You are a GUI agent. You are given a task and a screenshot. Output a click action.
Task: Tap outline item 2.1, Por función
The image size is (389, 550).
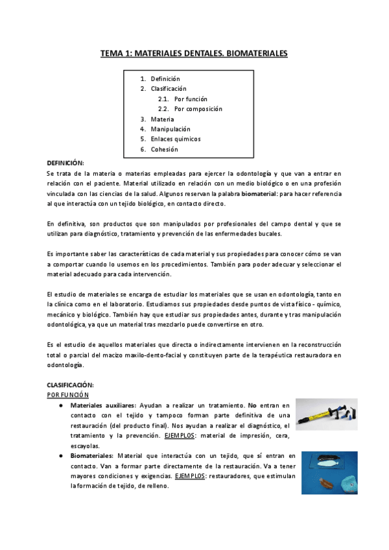(x=191, y=99)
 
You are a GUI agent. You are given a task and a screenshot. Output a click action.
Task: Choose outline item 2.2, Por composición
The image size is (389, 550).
(x=198, y=109)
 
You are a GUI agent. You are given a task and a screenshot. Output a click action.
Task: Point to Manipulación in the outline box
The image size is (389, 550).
(x=171, y=129)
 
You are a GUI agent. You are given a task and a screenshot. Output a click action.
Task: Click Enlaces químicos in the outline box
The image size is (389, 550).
(x=175, y=139)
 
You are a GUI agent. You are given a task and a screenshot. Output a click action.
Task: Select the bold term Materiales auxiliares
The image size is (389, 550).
(x=102, y=405)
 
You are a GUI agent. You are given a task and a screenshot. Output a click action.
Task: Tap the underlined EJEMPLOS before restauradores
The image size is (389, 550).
(x=189, y=476)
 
